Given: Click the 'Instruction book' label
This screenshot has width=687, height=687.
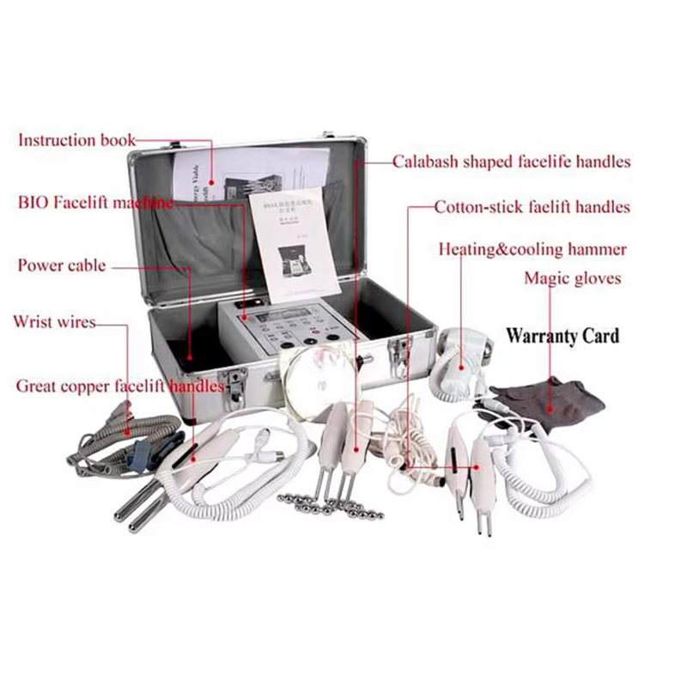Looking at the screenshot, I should point(76,139).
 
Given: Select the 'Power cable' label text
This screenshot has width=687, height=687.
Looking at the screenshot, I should point(62,265).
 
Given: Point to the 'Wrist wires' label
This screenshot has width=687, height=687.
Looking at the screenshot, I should point(54,322).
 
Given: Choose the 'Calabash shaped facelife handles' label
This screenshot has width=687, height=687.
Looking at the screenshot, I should point(512,161).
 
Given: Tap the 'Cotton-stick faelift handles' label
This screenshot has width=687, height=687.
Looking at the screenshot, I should point(532,207).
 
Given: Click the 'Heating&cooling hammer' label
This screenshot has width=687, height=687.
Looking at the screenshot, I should point(532,250).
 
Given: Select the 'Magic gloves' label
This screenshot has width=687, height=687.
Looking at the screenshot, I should point(572,278).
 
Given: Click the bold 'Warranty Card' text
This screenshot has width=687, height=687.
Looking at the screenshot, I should point(562,335).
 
